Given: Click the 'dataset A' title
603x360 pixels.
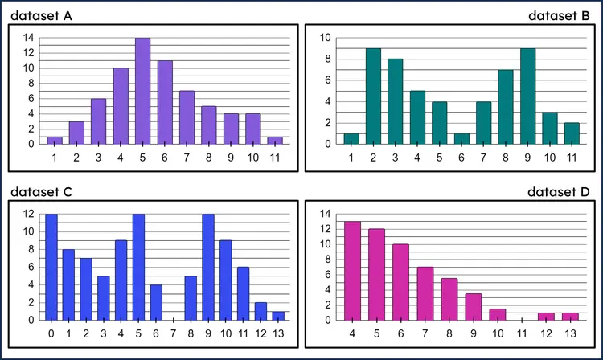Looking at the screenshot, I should click(x=45, y=15).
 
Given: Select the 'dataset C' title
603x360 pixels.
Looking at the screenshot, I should click(x=45, y=192).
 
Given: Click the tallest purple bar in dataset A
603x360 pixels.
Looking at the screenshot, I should click(x=142, y=91).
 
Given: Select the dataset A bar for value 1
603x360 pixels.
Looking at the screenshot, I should click(x=54, y=140).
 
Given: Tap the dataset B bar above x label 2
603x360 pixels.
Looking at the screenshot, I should click(x=373, y=96).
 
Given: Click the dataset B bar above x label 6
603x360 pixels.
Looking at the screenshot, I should click(x=461, y=138).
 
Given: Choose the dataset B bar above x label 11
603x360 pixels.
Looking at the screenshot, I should click(x=571, y=133).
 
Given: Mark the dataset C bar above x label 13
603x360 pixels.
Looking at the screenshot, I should click(x=277, y=316).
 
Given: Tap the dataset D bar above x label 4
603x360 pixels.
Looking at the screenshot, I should click(x=351, y=271).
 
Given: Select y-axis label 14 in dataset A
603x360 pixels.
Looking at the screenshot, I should click(x=28, y=38).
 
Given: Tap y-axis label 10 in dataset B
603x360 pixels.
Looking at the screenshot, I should click(x=325, y=38).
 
